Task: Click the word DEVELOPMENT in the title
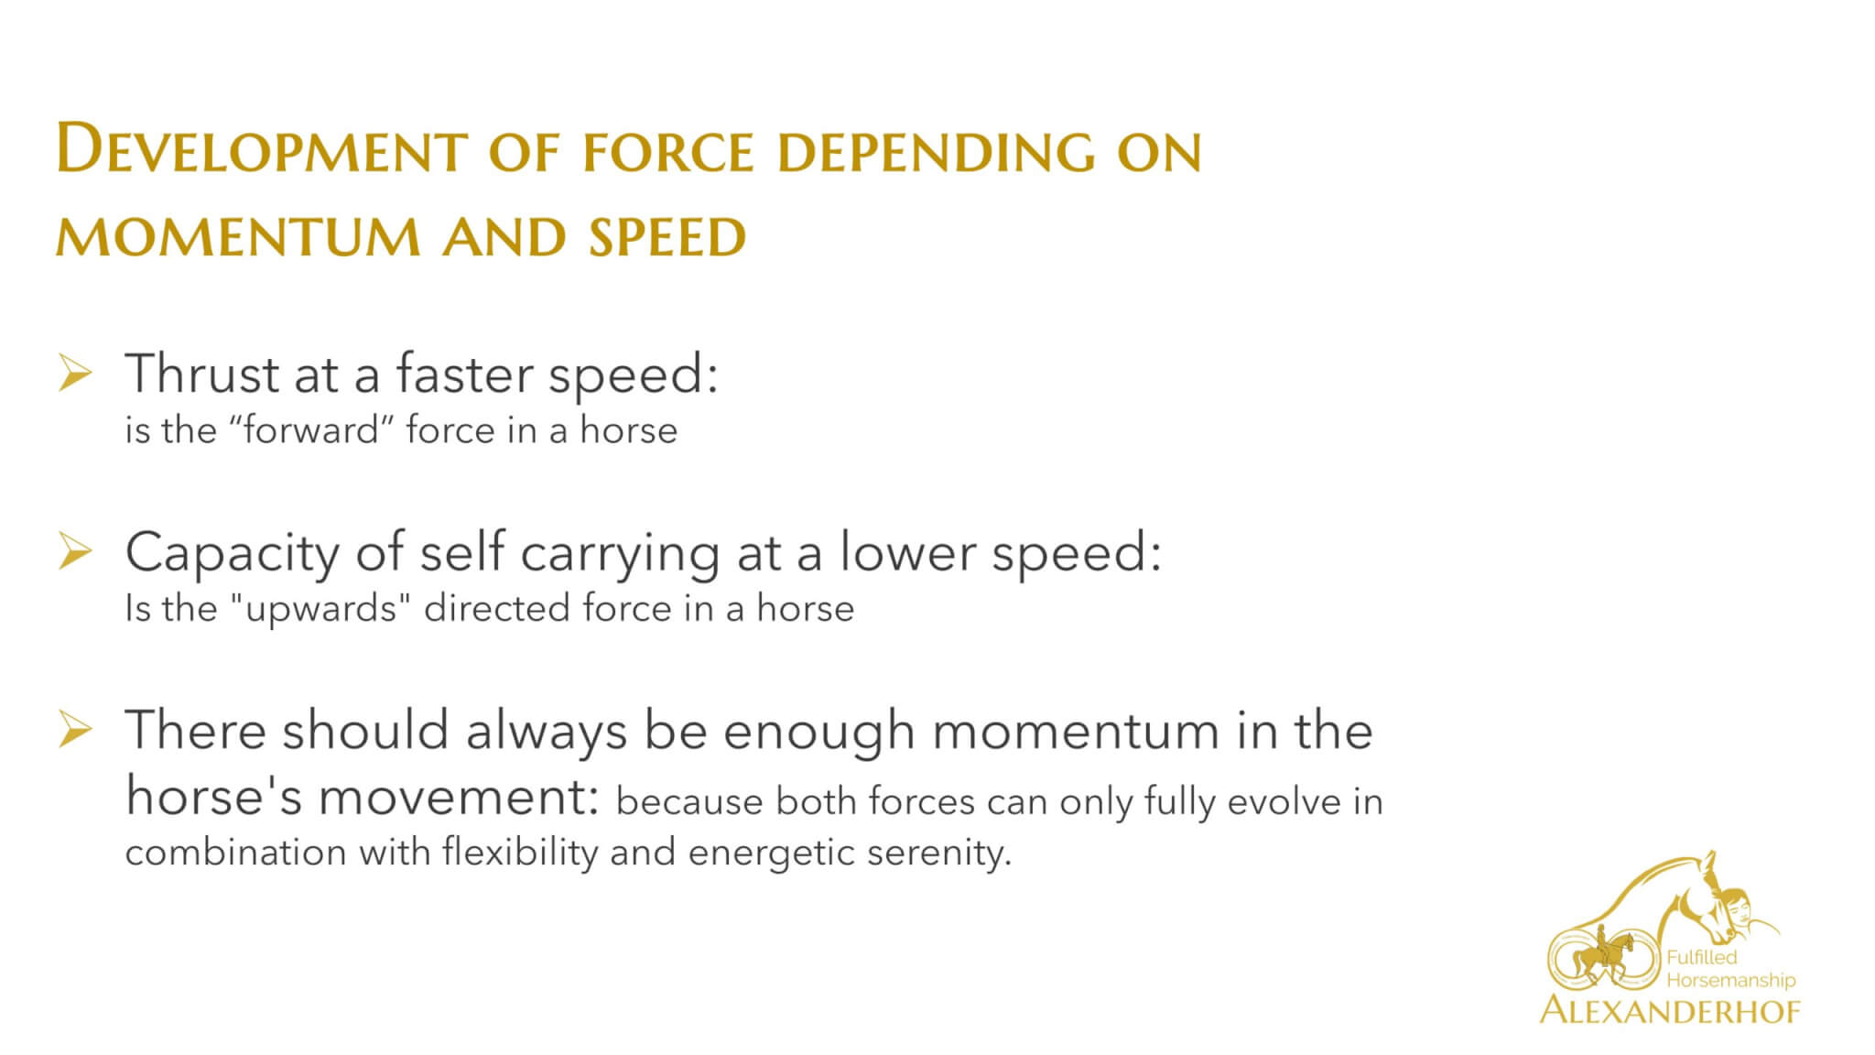coord(262,150)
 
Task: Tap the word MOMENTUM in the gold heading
coord(238,238)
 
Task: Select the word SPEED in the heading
coord(667,238)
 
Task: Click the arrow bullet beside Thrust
coord(75,375)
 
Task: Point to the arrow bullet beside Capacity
coord(75,552)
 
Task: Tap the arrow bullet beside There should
coord(75,731)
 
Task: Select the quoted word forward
coord(311,430)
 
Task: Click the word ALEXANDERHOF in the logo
coord(1670,1011)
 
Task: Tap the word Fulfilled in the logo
coord(1701,958)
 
